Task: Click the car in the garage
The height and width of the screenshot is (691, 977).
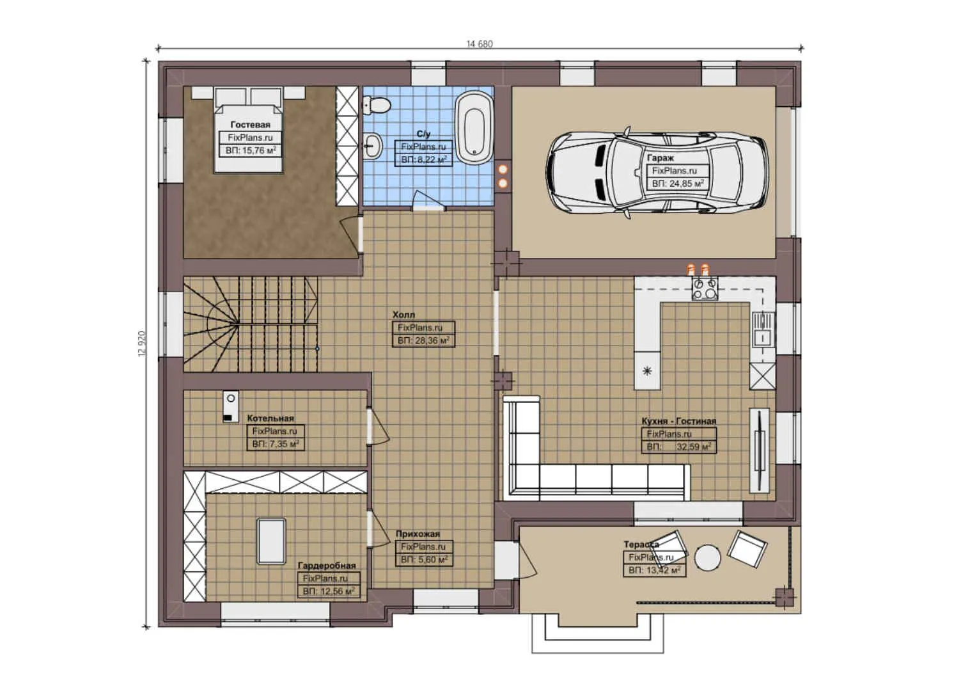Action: tap(657, 172)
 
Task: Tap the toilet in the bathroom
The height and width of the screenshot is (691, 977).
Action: tap(377, 105)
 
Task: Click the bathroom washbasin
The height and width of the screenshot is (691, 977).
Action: tap(372, 145)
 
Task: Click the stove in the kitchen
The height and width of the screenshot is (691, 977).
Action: tap(705, 289)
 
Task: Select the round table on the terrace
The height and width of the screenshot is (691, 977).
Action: tap(708, 557)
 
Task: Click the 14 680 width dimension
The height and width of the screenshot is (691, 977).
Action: tap(480, 44)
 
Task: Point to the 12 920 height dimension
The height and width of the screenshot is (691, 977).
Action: tap(142, 344)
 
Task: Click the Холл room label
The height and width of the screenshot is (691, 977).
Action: tap(403, 315)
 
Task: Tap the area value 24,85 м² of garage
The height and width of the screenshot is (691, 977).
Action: tap(678, 184)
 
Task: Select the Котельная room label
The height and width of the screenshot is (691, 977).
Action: tap(270, 418)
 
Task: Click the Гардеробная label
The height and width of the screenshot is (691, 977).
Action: tap(327, 566)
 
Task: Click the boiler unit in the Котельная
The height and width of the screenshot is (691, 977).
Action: tap(230, 407)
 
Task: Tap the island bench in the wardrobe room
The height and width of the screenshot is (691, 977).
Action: tap(271, 541)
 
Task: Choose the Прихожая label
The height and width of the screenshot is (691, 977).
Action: tap(418, 534)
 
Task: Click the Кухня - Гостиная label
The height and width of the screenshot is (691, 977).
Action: tap(678, 421)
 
